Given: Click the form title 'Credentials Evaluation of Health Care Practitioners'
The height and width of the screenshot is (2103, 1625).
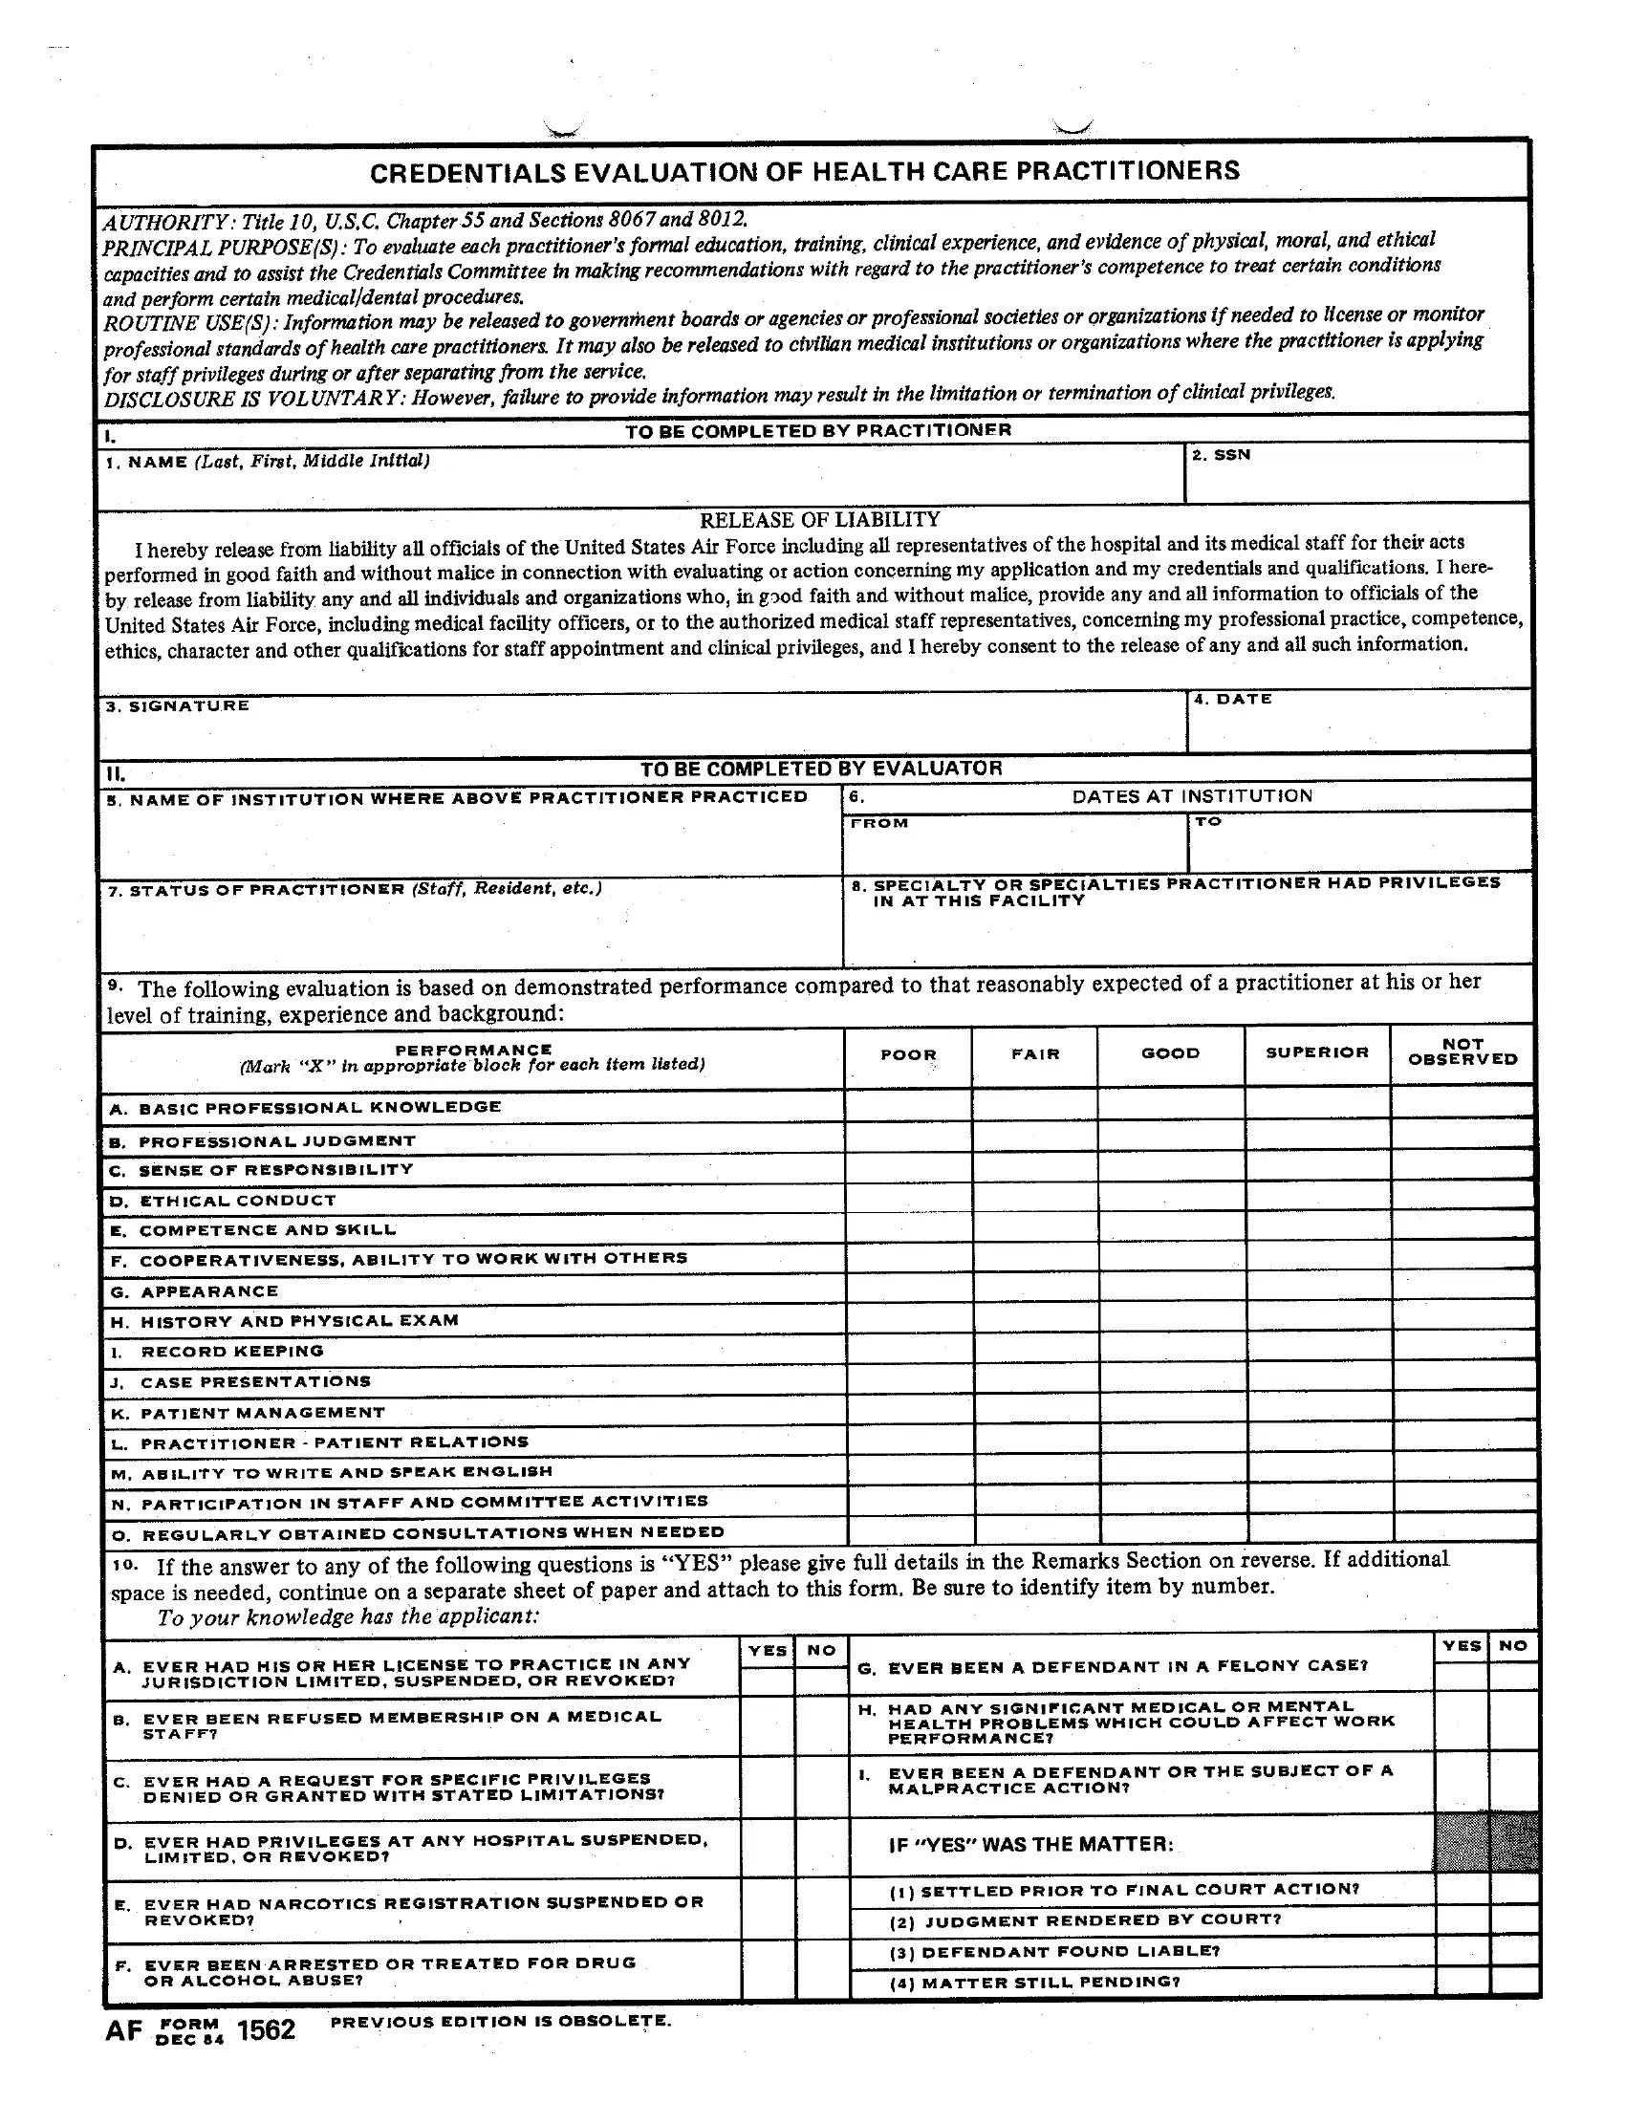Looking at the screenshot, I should (x=805, y=172).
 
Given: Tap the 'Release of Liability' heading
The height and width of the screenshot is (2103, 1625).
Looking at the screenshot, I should (x=819, y=520).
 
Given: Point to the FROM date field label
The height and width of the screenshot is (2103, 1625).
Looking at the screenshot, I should (x=878, y=823).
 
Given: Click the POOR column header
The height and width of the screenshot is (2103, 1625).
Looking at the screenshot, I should (x=908, y=1054).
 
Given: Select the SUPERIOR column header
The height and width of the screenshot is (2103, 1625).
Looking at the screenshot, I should (x=1317, y=1052).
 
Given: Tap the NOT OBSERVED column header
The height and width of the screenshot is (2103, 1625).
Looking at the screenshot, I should (x=1462, y=1051).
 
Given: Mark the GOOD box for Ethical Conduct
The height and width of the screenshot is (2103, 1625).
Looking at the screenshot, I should (x=1172, y=1200).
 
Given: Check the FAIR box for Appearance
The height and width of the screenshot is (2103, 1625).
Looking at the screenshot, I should (x=1036, y=1290).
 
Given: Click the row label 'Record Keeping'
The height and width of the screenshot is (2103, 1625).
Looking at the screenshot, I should (x=232, y=1351).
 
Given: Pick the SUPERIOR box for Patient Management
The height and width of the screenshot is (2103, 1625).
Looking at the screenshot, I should (x=1319, y=1411).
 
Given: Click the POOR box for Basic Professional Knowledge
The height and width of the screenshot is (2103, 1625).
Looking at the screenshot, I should (x=909, y=1106).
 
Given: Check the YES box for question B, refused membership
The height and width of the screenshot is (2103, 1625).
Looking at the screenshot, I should (x=769, y=1725).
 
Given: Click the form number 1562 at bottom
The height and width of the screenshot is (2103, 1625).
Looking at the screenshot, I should (x=266, y=2030).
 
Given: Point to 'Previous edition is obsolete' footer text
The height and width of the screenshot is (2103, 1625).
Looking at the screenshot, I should (x=500, y=2020).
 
